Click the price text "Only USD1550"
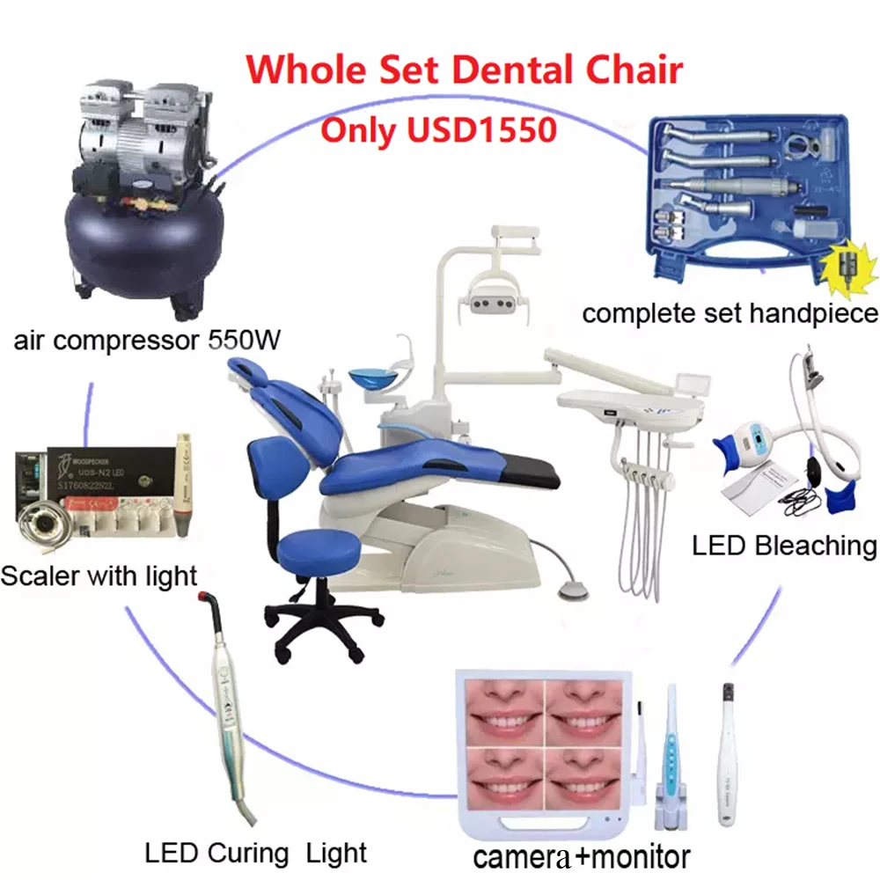[x=438, y=128]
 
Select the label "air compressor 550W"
[x=147, y=340]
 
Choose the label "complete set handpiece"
[x=730, y=312]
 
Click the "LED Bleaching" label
[x=784, y=546]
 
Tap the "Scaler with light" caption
[x=99, y=576]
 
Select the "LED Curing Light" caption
[x=256, y=852]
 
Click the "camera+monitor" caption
[x=582, y=855]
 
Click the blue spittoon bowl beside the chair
[x=372, y=381]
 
